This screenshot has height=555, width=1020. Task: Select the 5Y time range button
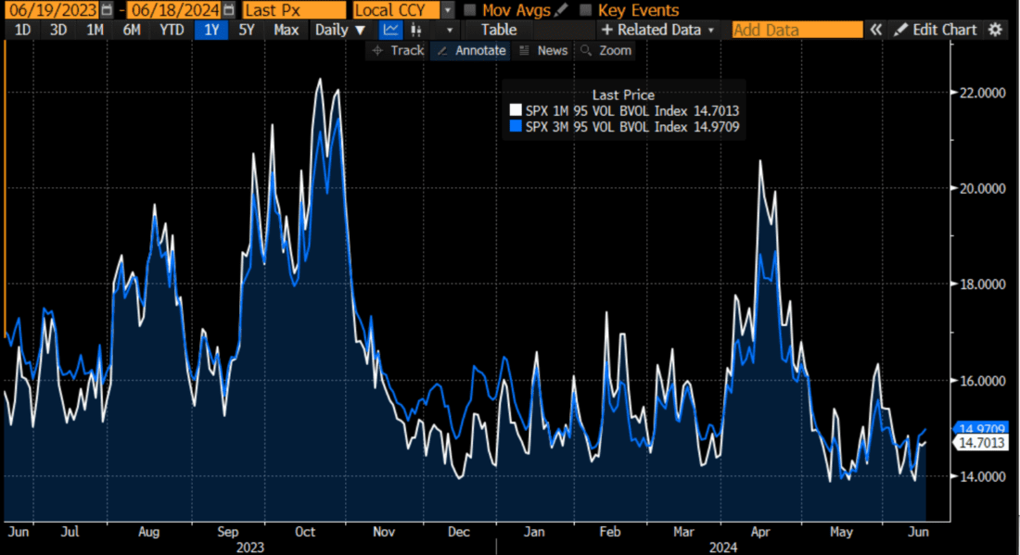coord(246,30)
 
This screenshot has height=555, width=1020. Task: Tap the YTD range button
coord(171,30)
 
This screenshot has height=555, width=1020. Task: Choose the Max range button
coord(287,30)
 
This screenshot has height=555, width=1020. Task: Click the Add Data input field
coord(797,30)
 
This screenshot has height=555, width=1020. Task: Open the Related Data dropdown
coord(659,30)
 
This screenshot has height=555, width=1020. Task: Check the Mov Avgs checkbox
coord(471,10)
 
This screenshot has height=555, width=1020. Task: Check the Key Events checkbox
coord(586,10)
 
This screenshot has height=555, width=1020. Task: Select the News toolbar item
coord(543,50)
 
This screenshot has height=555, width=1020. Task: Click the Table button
coord(499,30)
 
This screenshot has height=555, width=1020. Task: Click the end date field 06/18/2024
coord(174,10)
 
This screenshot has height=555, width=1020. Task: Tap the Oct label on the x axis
coord(305,532)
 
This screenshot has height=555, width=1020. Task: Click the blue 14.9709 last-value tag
coord(983,429)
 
